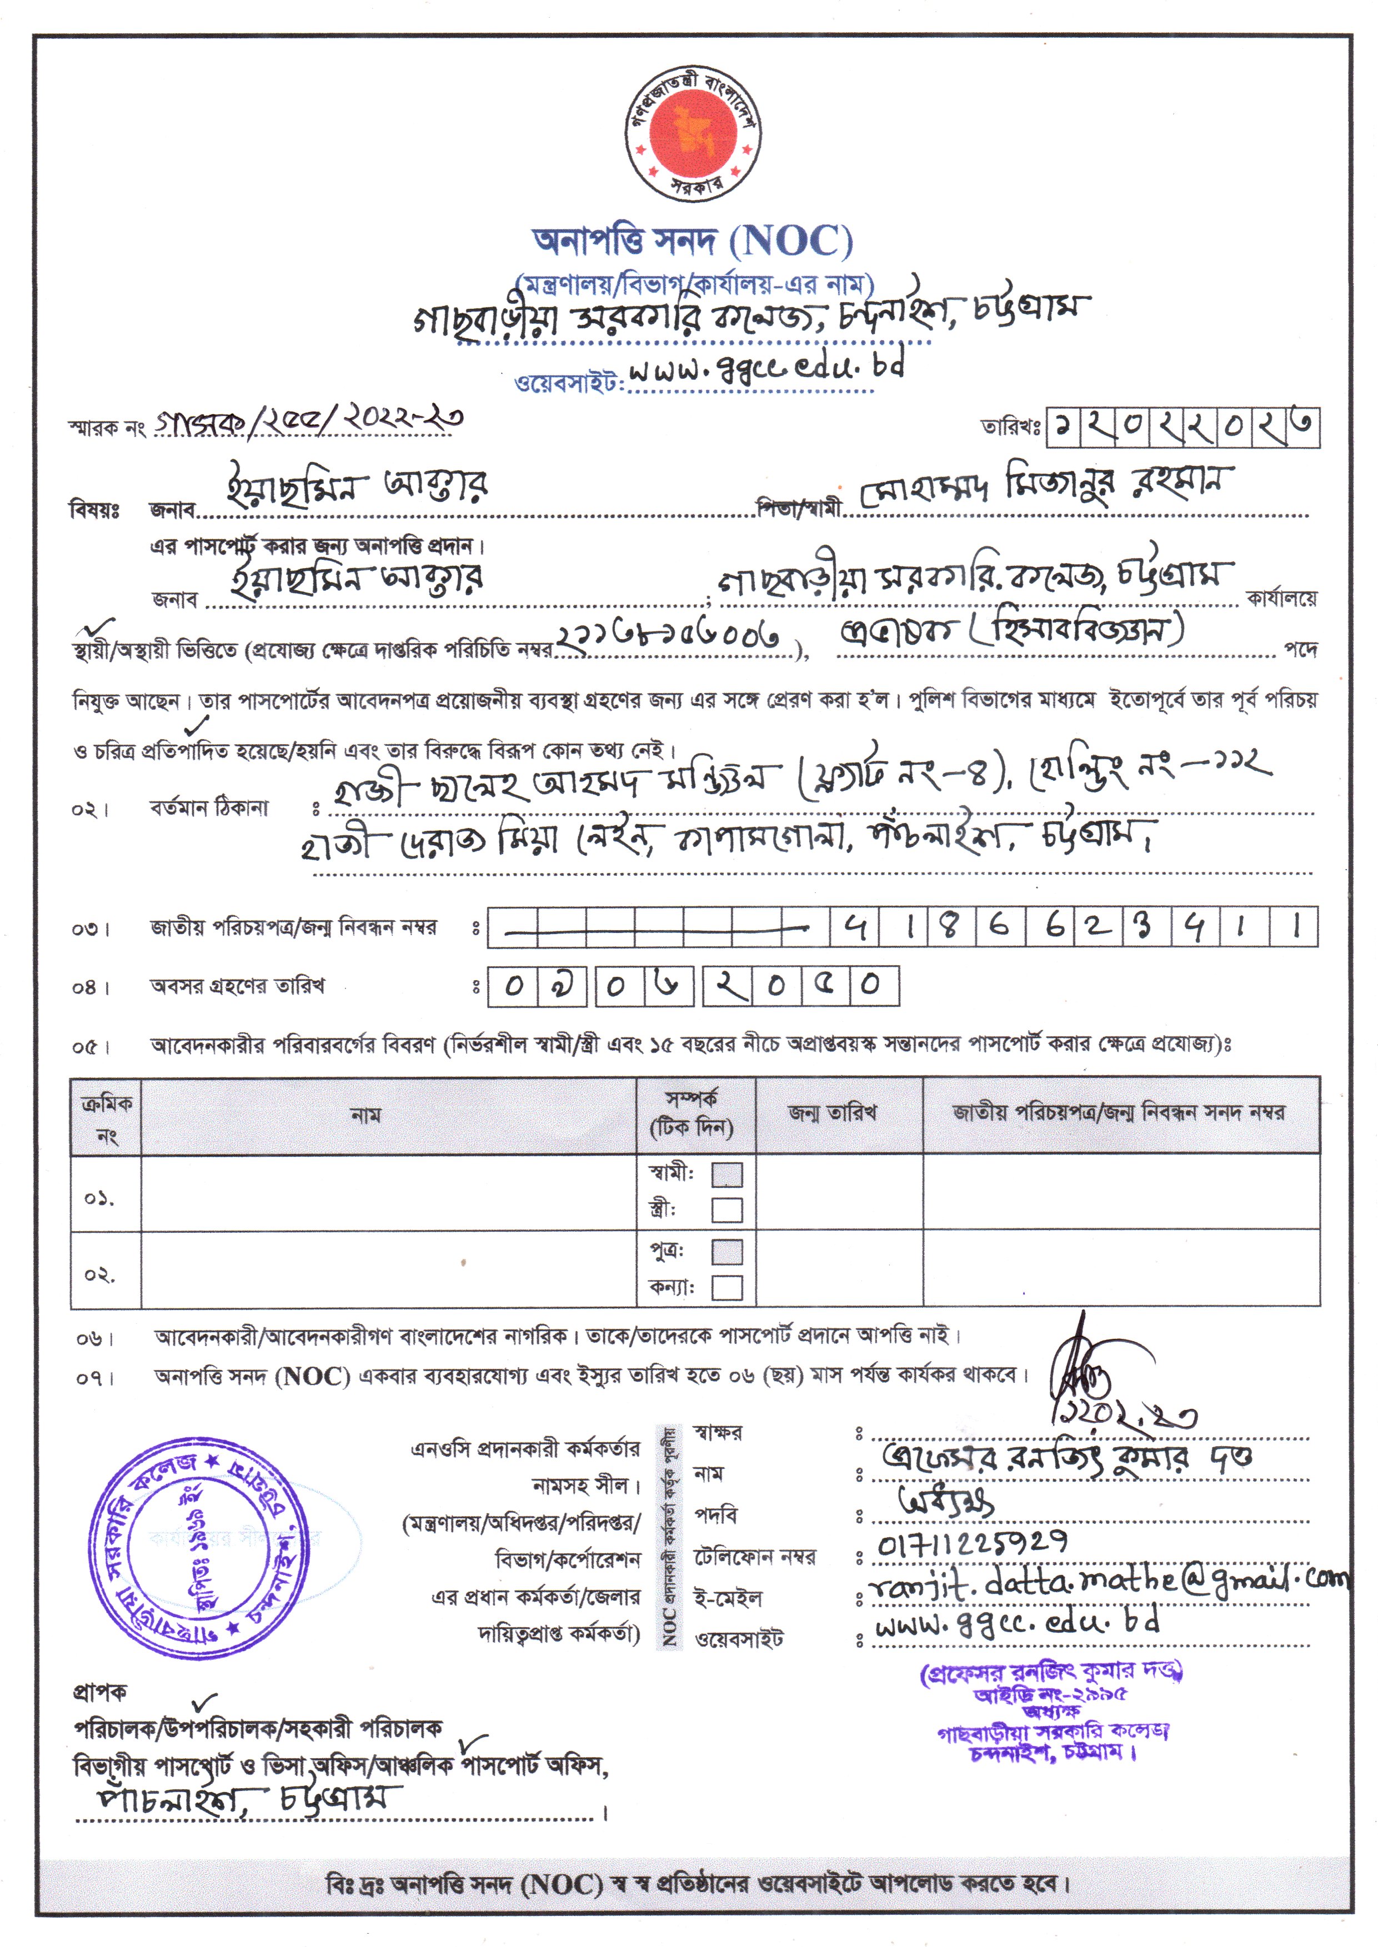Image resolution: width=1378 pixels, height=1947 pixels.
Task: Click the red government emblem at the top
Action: point(693,133)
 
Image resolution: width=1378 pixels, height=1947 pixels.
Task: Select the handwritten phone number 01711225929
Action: point(973,1545)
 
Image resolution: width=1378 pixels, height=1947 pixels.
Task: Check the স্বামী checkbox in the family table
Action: point(726,1175)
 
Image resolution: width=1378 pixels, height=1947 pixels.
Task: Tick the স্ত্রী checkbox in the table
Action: point(726,1210)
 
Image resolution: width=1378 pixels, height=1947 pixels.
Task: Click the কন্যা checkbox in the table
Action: point(726,1287)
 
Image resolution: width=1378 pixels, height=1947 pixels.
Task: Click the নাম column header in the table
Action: point(365,1115)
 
